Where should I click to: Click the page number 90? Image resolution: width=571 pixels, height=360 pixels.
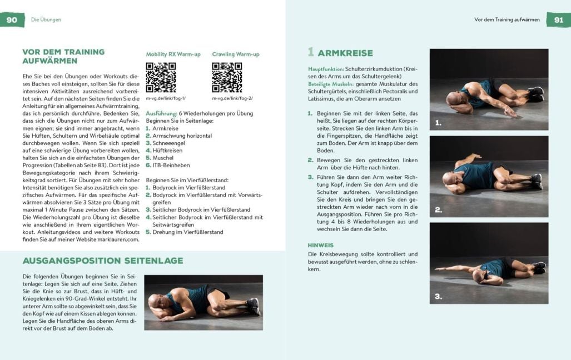pyautogui.click(x=12, y=20)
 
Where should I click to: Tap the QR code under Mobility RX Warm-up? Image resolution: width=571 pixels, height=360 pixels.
pyautogui.click(x=161, y=77)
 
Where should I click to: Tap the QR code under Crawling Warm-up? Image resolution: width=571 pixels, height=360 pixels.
pyautogui.click(x=227, y=77)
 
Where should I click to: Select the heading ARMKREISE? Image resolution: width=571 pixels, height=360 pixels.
pyautogui.click(x=345, y=53)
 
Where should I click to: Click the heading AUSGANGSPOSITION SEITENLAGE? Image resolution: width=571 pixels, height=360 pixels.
pyautogui.click(x=102, y=261)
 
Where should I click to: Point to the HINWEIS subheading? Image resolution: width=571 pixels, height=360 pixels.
pyautogui.click(x=321, y=245)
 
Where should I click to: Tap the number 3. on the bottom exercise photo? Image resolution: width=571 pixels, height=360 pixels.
pyautogui.click(x=439, y=296)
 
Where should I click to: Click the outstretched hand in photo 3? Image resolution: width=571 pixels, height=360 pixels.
pyautogui.click(x=439, y=269)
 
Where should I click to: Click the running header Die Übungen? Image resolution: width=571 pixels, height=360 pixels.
pyautogui.click(x=46, y=19)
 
